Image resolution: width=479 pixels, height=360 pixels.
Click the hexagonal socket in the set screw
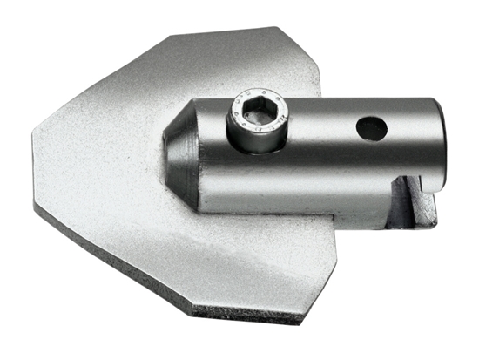(258, 111)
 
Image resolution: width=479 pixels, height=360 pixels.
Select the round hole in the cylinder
(371, 129)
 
